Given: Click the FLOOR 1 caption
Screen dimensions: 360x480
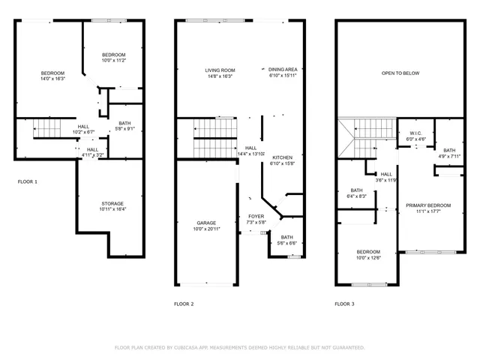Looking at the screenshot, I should tap(28, 181).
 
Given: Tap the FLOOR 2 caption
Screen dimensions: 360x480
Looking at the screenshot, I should tap(184, 304).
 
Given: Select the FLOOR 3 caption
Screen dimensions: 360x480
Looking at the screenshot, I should tap(344, 304).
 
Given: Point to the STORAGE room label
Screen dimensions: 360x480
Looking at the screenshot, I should tap(113, 203).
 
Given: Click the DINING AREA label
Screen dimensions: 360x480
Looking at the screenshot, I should tap(282, 69).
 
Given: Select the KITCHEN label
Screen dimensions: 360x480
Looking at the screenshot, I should tap(282, 157).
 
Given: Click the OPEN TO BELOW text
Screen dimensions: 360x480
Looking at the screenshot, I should tap(400, 73).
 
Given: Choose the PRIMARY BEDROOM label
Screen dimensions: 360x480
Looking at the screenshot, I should tap(428, 205).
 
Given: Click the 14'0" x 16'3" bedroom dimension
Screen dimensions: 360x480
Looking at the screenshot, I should tap(52, 79).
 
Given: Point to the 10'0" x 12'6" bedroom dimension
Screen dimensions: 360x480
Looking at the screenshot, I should tap(368, 258).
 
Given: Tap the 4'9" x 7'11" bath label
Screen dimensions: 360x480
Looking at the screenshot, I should tap(448, 157).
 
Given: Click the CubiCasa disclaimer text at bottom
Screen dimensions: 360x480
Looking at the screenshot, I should tap(239, 347).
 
